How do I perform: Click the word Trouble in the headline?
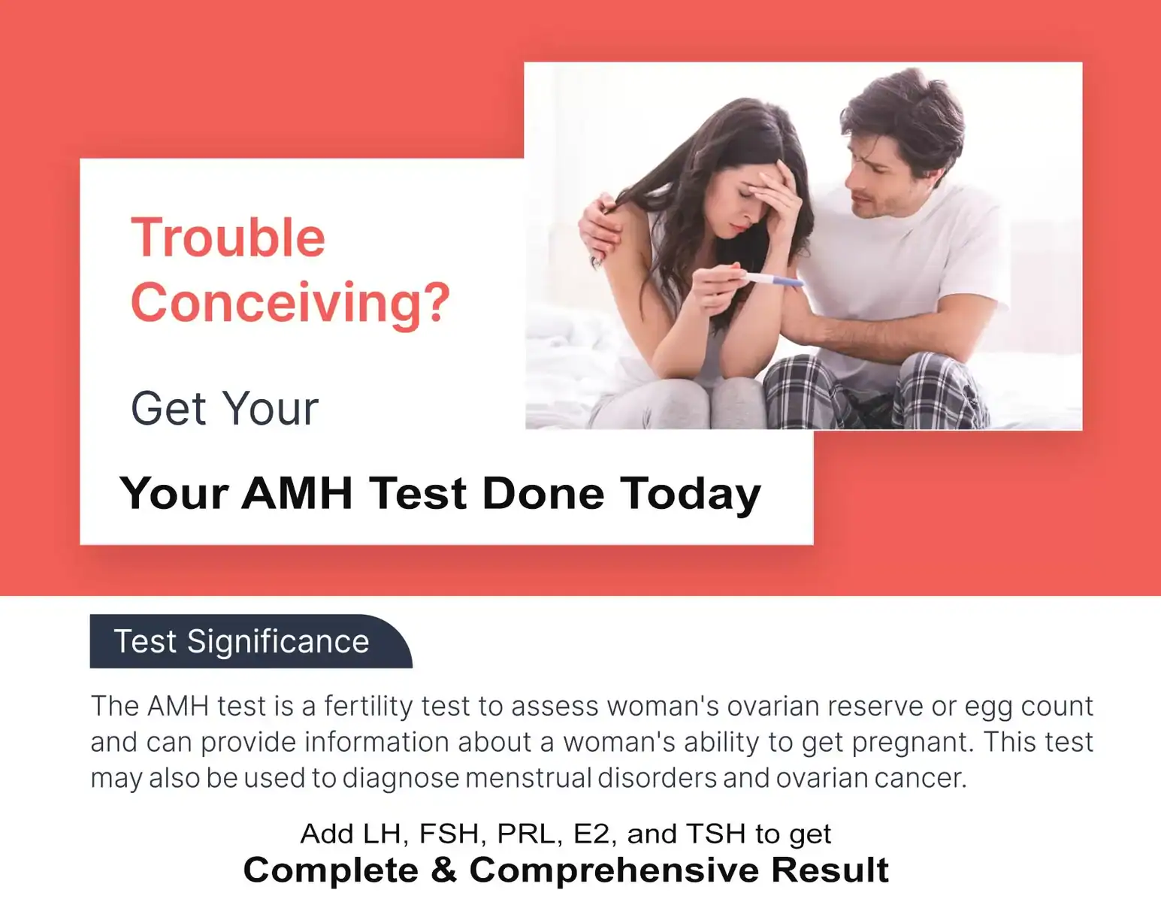click(x=228, y=238)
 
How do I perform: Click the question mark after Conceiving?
click(x=439, y=301)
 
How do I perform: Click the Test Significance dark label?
click(x=251, y=641)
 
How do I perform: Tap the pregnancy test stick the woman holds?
click(x=769, y=279)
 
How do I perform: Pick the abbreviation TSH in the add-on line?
click(x=716, y=834)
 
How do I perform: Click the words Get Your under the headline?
click(x=225, y=409)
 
